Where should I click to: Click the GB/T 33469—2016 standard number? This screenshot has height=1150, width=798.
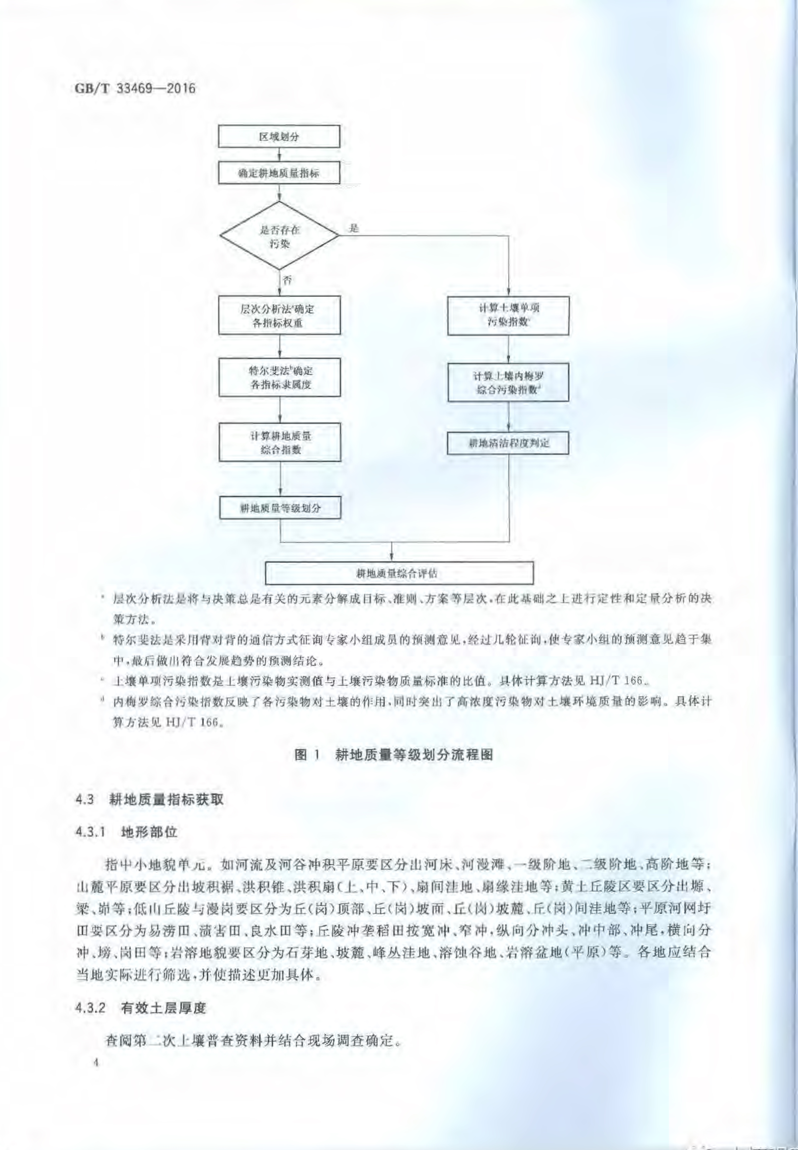point(134,88)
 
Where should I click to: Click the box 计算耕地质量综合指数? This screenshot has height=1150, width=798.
point(279,442)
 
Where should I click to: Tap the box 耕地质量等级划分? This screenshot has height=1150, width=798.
point(279,508)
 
